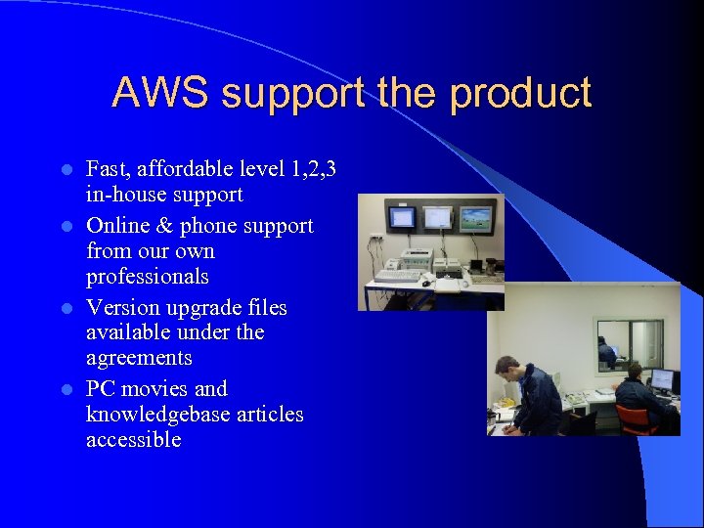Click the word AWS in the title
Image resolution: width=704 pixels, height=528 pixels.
coord(160,93)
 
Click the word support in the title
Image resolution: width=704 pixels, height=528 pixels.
coord(289,94)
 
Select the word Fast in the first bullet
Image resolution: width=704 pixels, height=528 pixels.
coord(106,169)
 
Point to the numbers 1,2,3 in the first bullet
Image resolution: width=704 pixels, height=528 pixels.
coord(315,169)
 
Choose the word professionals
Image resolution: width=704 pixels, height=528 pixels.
coord(148,277)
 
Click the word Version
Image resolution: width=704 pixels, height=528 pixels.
coord(119,308)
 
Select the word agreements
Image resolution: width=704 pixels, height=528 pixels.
coord(139,358)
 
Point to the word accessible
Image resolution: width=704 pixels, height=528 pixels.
coord(133,440)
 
